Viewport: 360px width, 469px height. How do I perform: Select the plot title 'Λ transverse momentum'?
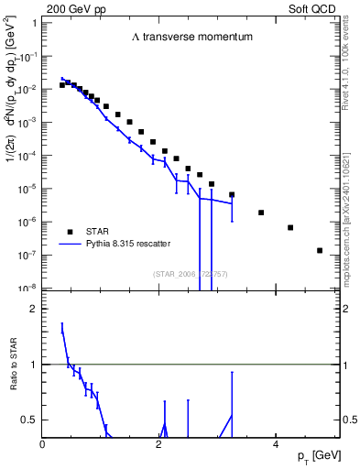click(x=191, y=38)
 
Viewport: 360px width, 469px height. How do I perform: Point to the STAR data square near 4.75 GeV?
click(x=319, y=250)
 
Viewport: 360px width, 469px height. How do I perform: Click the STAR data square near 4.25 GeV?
click(x=290, y=227)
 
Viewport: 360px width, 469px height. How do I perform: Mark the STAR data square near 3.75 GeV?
click(x=261, y=213)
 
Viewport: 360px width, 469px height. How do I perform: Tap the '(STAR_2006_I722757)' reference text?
click(x=191, y=275)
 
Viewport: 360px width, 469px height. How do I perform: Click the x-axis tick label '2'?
click(x=159, y=443)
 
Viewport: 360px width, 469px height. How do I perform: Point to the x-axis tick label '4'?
click(x=276, y=443)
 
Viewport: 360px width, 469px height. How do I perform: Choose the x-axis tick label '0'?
click(x=43, y=443)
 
